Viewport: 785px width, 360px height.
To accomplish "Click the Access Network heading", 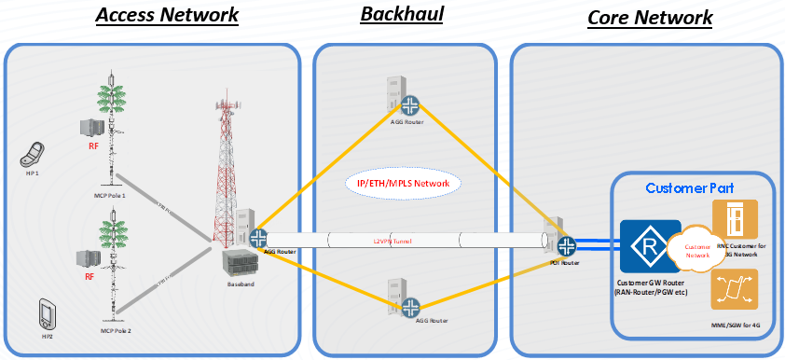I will coord(167,15).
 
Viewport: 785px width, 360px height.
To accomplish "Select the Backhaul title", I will coord(402,15).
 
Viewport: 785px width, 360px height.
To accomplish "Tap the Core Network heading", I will coord(650,17).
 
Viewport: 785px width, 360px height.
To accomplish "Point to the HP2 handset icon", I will coord(46,312).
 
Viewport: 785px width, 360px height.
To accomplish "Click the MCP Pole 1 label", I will coord(113,196).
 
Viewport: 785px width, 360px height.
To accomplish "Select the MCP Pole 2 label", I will coord(113,330).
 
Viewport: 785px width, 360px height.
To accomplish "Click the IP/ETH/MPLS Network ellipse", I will coord(404,184).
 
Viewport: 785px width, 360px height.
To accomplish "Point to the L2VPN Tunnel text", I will coord(392,242).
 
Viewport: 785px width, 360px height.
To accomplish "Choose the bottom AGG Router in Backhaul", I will coord(410,304).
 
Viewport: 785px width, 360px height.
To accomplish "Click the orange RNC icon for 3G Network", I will coord(734,219).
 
